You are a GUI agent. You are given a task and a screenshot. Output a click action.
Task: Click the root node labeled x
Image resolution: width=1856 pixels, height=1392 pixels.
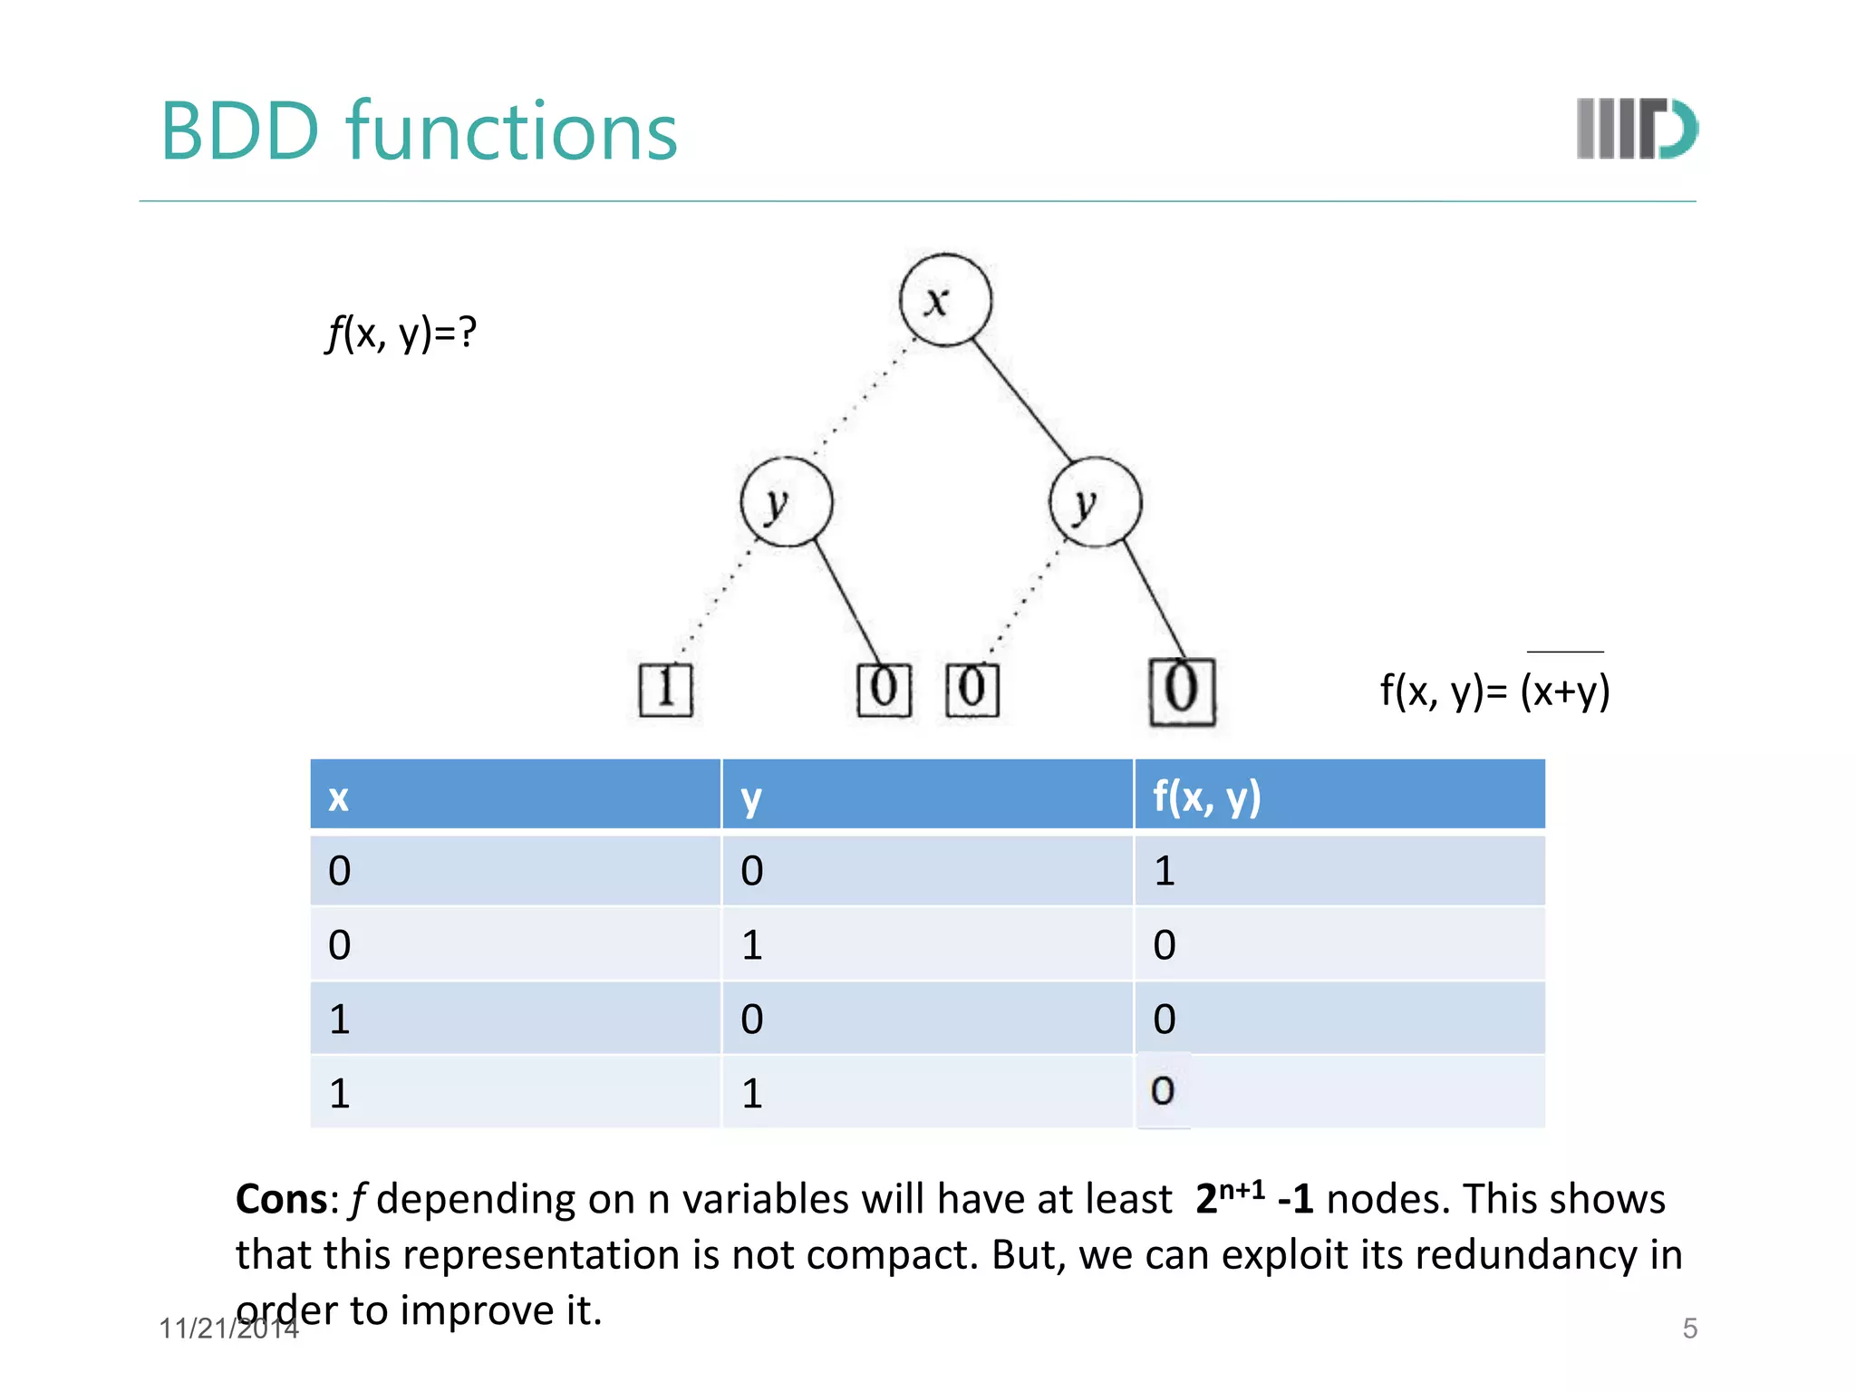[x=945, y=300]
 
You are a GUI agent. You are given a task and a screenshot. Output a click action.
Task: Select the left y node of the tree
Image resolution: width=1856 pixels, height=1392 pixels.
[x=786, y=501]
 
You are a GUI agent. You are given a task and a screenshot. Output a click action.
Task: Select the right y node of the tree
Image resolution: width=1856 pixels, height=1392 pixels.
[x=1095, y=501]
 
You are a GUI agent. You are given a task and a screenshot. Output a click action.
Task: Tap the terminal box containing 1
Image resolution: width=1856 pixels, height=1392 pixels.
[x=665, y=690]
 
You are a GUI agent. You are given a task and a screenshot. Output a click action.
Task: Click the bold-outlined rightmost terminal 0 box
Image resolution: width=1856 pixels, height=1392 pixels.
[x=1182, y=691]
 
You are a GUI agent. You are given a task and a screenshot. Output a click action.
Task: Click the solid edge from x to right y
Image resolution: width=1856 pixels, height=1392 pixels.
[x=1022, y=401]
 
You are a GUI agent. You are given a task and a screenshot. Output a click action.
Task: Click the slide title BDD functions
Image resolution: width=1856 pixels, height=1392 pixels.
[x=419, y=131]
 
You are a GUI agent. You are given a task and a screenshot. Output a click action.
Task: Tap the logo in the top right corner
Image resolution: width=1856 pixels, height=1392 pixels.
[x=1637, y=129]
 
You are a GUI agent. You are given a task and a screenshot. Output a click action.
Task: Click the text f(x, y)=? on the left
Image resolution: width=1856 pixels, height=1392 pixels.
[x=401, y=333]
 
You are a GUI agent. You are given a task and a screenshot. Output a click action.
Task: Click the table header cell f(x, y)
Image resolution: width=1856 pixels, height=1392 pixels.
[x=1339, y=796]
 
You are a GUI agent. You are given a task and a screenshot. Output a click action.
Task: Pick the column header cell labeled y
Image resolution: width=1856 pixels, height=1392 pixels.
[x=926, y=796]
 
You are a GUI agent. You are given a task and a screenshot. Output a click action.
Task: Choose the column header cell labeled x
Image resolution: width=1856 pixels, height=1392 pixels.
[x=515, y=796]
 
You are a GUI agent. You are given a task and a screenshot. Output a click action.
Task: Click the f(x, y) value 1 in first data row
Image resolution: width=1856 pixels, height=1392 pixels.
[x=1165, y=871]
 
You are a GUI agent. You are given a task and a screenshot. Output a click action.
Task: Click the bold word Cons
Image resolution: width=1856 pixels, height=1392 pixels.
[x=281, y=1199]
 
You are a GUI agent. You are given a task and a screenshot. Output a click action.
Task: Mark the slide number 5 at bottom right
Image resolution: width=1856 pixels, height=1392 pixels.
[x=1689, y=1329]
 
